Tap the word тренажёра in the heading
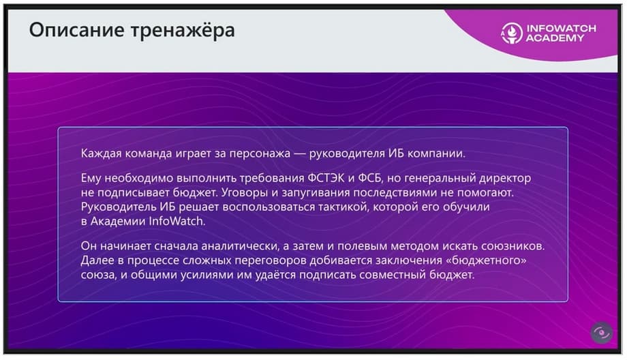(x=183, y=31)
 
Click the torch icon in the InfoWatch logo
(x=512, y=33)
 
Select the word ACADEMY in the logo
(x=555, y=38)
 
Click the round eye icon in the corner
(x=601, y=333)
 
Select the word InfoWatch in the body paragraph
(x=177, y=221)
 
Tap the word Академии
(x=118, y=221)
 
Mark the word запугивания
(x=316, y=193)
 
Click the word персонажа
(x=260, y=154)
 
